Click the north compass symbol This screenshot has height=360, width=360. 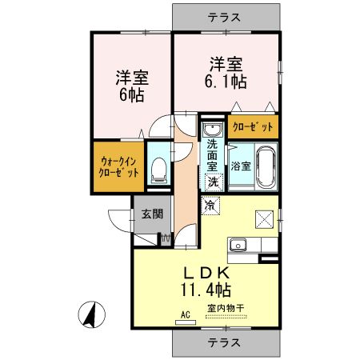point(91,314)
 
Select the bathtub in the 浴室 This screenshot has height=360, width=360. point(266,166)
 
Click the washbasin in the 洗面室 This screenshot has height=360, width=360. point(212,130)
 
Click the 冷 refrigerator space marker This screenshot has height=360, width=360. point(210,205)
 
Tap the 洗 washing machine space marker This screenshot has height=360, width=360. point(214,182)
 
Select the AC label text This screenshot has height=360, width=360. point(186,315)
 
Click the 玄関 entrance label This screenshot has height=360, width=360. point(152,214)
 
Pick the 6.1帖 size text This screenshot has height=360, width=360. point(226,82)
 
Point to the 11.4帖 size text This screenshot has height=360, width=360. point(206,290)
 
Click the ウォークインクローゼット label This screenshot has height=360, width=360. point(118,167)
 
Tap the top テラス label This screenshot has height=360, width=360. point(224,18)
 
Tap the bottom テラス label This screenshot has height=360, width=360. point(224,342)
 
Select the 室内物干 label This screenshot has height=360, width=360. point(226,309)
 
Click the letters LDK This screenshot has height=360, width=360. point(207,273)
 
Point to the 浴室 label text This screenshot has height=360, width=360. point(241,166)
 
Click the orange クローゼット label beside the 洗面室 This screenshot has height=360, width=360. point(253,126)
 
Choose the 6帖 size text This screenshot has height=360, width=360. point(132,95)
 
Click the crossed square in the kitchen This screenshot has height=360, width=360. point(264,219)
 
